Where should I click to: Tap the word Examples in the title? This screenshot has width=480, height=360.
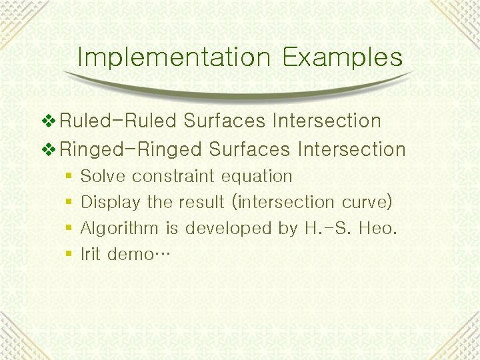point(343,57)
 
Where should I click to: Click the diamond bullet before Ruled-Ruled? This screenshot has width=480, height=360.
point(49,121)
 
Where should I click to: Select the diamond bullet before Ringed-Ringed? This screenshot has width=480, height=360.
point(49,149)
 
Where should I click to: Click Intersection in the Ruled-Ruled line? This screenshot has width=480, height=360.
point(326,121)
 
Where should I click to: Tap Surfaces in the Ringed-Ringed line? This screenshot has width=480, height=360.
point(249,149)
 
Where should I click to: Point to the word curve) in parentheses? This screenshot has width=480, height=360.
point(367,202)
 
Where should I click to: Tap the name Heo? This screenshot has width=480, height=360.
point(377,229)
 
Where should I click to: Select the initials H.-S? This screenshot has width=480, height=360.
point(327,229)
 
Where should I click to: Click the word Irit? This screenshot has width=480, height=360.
point(91,254)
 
